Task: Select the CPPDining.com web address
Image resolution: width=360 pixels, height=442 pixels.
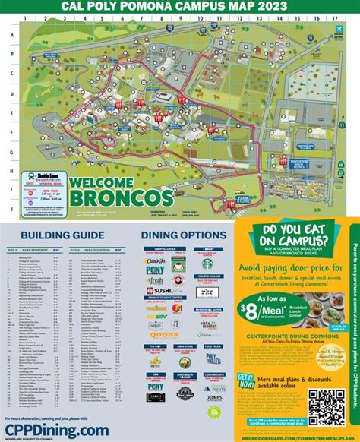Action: pos(56,430)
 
